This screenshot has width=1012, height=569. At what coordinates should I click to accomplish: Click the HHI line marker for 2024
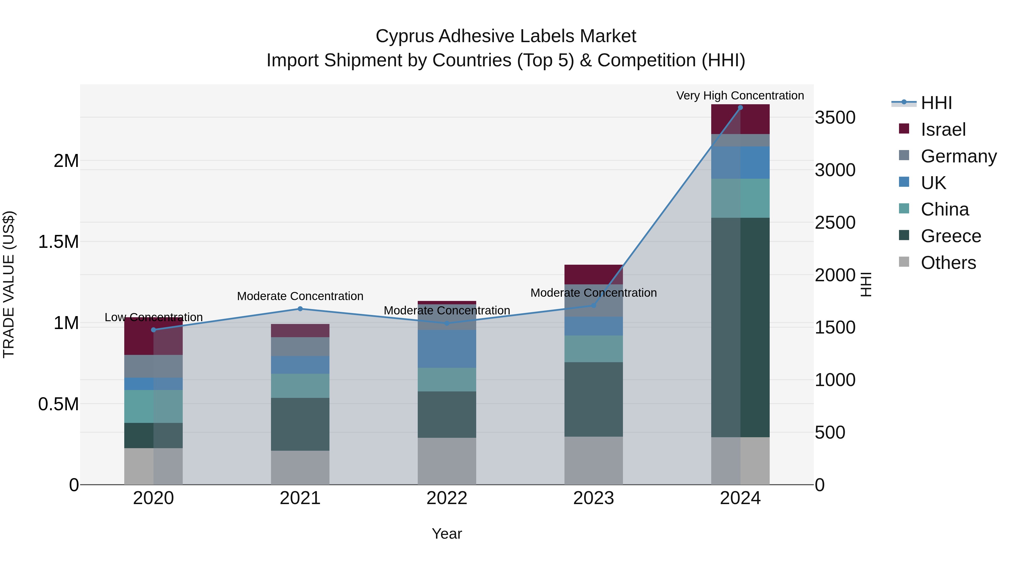[740, 108]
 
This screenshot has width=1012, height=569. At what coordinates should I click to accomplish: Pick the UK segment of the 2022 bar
[447, 349]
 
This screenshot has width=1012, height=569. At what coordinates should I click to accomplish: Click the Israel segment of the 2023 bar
[593, 274]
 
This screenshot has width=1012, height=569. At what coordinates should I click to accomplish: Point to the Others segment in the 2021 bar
[300, 467]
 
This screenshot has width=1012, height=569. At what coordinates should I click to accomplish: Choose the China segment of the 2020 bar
[153, 406]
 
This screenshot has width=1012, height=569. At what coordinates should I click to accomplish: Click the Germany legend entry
[958, 156]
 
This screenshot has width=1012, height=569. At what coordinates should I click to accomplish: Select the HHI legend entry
[936, 103]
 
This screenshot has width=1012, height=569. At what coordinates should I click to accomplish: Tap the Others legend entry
[948, 263]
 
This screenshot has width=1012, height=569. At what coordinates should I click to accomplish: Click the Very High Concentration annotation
[740, 96]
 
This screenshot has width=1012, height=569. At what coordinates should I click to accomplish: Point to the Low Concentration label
[153, 317]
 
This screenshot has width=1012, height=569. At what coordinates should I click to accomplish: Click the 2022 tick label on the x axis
[447, 498]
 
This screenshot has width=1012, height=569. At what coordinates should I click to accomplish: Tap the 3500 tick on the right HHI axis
[835, 118]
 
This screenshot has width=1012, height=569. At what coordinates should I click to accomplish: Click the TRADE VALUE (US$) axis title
[9, 284]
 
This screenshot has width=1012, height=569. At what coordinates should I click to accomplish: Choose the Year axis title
[447, 534]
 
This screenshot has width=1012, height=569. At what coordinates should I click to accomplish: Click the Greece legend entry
[951, 236]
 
